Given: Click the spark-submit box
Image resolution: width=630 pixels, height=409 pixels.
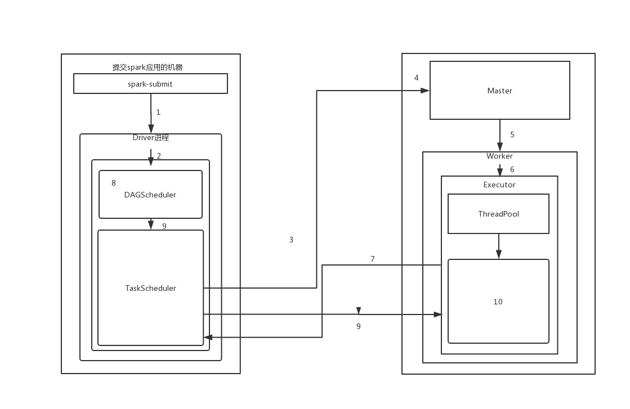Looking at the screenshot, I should coord(150,84).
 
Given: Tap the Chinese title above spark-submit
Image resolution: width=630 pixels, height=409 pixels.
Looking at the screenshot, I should coord(148,68).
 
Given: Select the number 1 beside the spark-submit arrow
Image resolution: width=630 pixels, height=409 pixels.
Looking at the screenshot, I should coord(158,113).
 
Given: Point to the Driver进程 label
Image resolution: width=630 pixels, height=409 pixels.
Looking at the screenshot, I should coord(151,138).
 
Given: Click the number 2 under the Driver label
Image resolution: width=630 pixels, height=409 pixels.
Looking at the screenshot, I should coord(159,156).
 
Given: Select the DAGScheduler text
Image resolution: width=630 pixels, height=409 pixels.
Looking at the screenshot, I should coord(150,195).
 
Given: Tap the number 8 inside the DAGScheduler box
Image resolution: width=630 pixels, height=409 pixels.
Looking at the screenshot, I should coord(114,183).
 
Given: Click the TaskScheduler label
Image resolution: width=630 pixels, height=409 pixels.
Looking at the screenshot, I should coord(150,288).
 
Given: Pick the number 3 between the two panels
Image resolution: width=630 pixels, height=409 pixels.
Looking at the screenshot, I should coord(291,240).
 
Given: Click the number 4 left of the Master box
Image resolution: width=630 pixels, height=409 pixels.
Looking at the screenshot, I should coord(417,78).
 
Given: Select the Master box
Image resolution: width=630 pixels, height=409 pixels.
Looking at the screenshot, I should coord(499,91).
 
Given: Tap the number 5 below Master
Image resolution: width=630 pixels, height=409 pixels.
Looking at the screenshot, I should coord(512,135).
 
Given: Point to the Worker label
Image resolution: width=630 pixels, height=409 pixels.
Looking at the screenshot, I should coord(499,156).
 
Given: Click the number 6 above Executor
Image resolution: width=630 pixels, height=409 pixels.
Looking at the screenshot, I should coord(512,170).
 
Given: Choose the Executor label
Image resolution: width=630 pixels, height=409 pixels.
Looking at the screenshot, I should coord(499,185).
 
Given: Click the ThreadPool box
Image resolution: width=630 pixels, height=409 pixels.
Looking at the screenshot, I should coord(498,214).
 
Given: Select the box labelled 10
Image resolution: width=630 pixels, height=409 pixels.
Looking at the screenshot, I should coord(498,302).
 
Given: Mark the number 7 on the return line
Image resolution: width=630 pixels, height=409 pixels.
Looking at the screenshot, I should coord(373,259).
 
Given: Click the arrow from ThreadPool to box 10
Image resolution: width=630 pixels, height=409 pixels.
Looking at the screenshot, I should coord(498,246).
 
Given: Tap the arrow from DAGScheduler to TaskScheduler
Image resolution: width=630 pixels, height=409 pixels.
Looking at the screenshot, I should coord(150,224).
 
